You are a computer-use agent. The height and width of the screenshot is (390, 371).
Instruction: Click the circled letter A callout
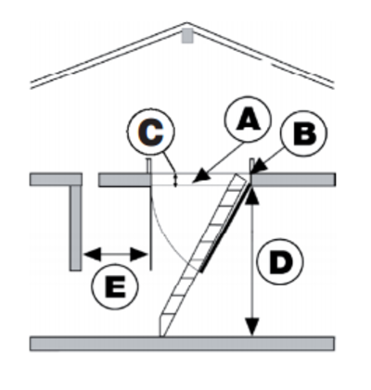click(248, 120)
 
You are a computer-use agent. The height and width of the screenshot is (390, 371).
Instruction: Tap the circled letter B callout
click(304, 132)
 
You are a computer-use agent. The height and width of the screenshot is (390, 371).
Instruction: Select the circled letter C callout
click(150, 132)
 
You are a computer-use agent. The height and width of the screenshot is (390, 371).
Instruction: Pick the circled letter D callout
click(280, 261)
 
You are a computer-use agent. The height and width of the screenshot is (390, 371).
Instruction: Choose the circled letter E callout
click(115, 286)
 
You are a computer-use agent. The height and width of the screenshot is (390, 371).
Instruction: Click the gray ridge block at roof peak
click(187, 35)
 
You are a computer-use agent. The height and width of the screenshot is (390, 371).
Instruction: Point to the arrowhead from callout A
click(202, 176)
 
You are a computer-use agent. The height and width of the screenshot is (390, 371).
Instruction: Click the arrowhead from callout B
click(259, 168)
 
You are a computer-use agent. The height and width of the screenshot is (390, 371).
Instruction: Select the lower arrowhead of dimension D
click(252, 326)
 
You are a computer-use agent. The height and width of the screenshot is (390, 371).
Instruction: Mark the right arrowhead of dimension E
click(138, 255)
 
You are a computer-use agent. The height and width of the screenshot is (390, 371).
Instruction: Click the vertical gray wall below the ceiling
click(75, 228)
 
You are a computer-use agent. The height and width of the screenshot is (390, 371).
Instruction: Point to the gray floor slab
click(182, 344)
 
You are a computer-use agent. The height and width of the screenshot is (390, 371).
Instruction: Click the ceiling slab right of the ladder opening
click(294, 180)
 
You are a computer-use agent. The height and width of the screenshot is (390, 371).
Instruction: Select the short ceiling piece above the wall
click(56, 180)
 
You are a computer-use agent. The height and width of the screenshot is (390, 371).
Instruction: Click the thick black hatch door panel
click(225, 227)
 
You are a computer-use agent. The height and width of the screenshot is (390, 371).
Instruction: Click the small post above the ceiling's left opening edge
click(148, 166)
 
